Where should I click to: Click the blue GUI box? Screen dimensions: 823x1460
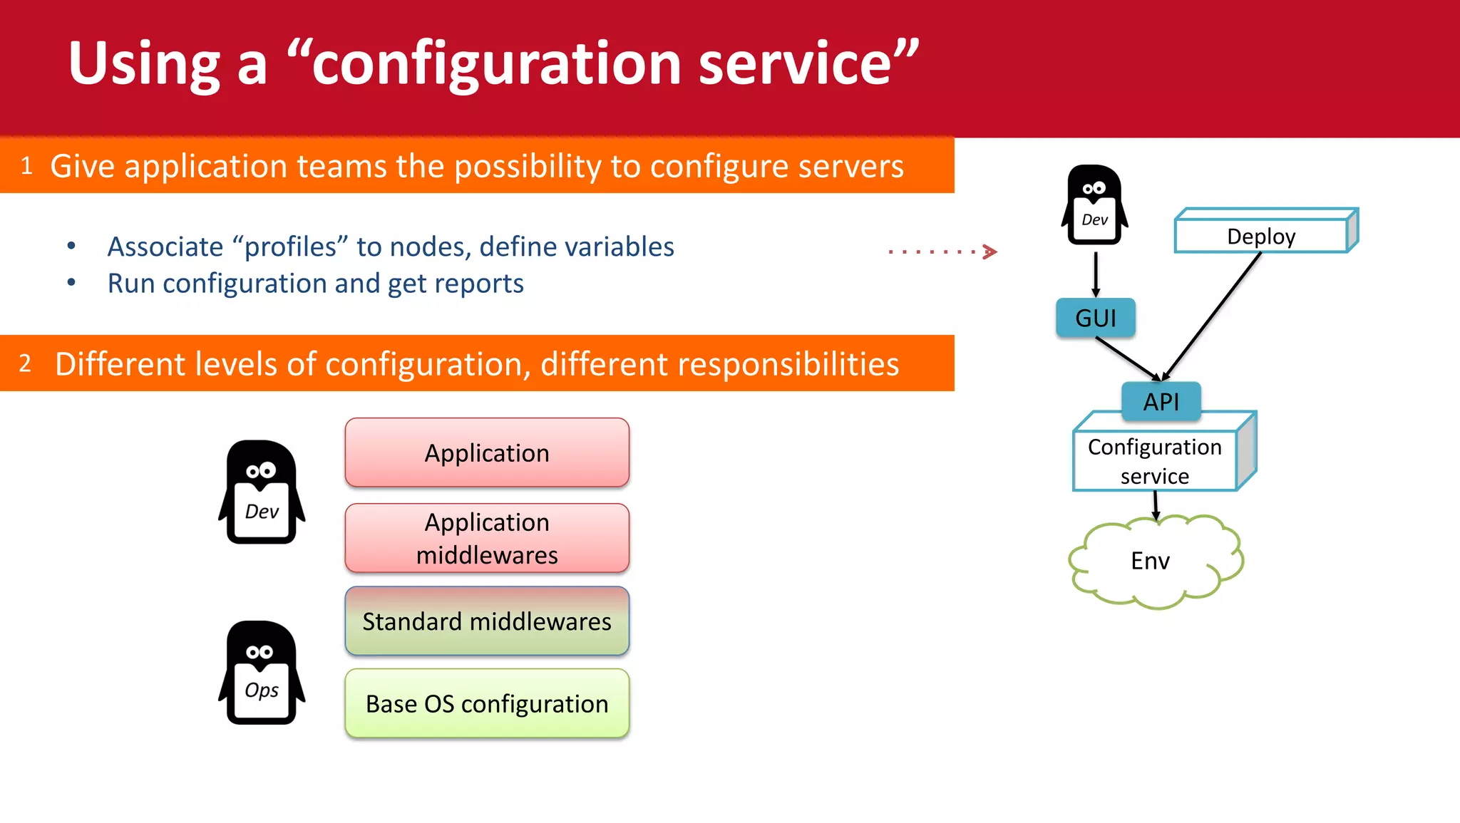[1095, 318]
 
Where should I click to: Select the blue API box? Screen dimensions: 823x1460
[1161, 401]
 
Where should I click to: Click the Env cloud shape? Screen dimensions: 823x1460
[1150, 561]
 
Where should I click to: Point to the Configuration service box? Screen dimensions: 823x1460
[1154, 460]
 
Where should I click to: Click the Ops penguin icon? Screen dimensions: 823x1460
[262, 673]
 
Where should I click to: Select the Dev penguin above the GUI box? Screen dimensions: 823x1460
[1094, 206]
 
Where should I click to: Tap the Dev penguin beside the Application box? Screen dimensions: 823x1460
[262, 492]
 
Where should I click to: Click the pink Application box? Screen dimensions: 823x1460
[487, 453]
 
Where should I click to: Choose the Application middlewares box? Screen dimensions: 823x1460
[487, 539]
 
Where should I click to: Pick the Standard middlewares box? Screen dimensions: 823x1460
[487, 621]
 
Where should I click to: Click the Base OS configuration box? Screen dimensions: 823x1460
[487, 704]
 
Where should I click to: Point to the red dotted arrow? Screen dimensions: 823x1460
[941, 252]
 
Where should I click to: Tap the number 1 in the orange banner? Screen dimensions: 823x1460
[26, 166]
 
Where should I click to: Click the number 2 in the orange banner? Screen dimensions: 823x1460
[25, 363]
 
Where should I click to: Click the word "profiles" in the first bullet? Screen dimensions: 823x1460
[290, 247]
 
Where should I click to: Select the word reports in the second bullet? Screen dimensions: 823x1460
[478, 284]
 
